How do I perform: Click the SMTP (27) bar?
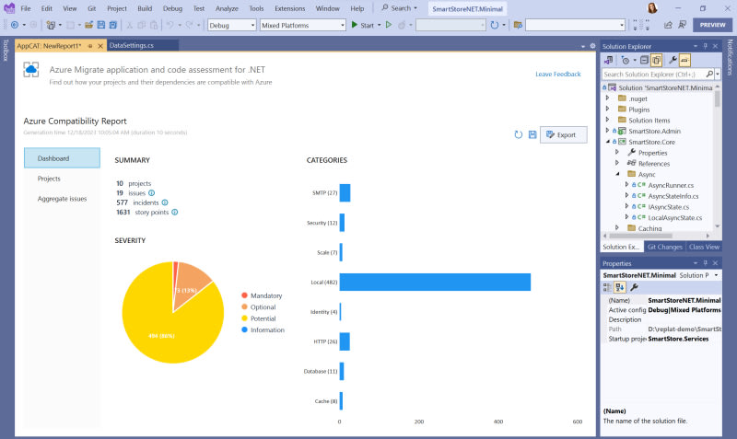345,192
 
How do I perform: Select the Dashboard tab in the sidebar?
62,157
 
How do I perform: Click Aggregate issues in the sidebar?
62,199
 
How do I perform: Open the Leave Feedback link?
557,74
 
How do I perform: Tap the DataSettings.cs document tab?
131,45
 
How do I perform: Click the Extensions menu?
289,8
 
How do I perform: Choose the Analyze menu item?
227,8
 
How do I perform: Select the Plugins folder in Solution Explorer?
639,109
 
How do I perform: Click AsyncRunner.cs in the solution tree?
670,185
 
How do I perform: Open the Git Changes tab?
664,247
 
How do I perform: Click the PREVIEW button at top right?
712,25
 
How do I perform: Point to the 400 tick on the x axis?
498,422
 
